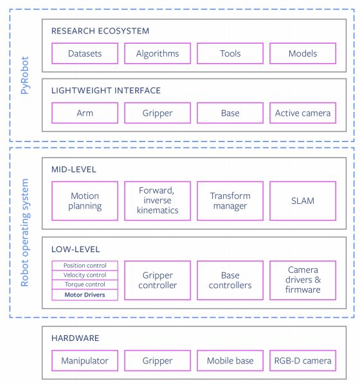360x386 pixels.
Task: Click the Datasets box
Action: (x=85, y=53)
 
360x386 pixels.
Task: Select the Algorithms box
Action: (x=157, y=53)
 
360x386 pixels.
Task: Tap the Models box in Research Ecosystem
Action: (x=303, y=53)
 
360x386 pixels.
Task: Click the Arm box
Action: (x=85, y=113)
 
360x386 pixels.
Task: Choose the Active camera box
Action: (x=303, y=113)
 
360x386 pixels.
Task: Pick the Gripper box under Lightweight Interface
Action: (x=157, y=113)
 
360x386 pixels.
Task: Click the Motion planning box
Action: (x=85, y=201)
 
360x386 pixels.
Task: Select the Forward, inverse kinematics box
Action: (x=157, y=201)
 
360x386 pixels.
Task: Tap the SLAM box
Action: (x=303, y=201)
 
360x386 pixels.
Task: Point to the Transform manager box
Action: (x=230, y=201)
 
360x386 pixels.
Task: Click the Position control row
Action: (x=85, y=266)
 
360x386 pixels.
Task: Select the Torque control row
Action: (x=85, y=284)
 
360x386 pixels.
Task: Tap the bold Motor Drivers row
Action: (x=85, y=295)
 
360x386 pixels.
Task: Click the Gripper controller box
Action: (x=157, y=280)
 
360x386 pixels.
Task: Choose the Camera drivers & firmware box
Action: (x=303, y=280)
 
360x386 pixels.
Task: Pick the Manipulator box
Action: (x=85, y=361)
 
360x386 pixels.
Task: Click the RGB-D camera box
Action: (x=303, y=361)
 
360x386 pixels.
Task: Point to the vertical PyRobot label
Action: (x=24, y=75)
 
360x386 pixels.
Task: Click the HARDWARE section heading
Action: (x=75, y=338)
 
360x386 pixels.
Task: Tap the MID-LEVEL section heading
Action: (x=73, y=169)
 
